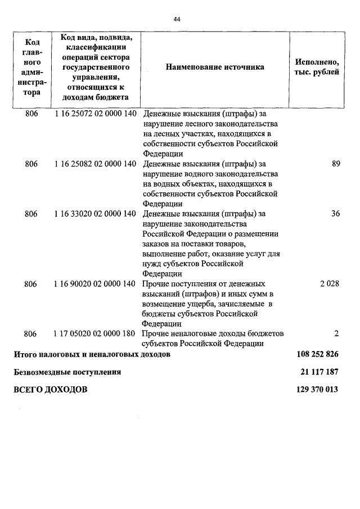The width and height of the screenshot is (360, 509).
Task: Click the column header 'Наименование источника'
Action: [215, 67]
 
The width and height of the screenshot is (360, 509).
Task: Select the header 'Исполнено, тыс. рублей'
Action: [316, 67]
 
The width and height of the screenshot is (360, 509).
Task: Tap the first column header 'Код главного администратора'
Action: [31, 67]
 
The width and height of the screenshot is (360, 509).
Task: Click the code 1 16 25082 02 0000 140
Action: [96, 164]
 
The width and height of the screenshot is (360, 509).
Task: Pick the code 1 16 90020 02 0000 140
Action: [96, 283]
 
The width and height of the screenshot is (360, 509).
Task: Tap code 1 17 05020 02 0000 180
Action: [96, 334]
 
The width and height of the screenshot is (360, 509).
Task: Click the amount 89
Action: [336, 164]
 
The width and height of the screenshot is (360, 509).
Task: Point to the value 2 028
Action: [330, 283]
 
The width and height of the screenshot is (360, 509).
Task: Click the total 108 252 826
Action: [317, 355]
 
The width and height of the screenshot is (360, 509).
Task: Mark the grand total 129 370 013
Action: [317, 389]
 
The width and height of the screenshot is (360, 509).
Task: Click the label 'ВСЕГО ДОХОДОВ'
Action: [51, 389]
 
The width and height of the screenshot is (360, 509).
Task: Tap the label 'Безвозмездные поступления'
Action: [67, 372]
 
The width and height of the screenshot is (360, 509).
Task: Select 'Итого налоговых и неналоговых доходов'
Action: [92, 355]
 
